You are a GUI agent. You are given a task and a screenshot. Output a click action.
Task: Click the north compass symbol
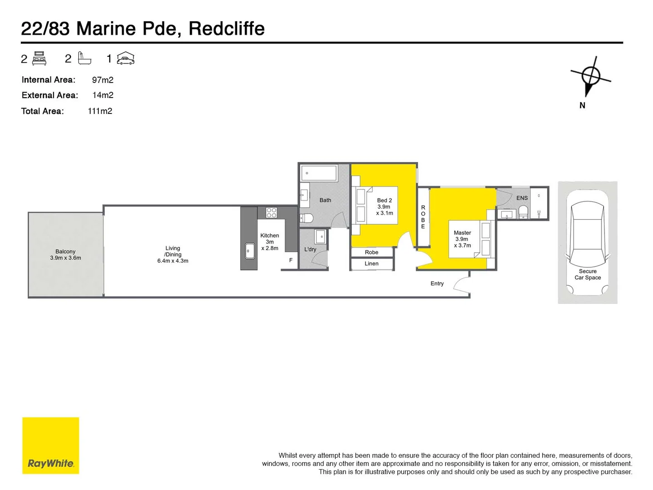pos(590,76)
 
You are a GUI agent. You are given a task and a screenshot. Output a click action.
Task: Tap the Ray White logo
pos(51,446)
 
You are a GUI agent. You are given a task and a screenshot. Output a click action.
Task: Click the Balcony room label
pos(65,255)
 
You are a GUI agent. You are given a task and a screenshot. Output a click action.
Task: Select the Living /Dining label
pos(173,255)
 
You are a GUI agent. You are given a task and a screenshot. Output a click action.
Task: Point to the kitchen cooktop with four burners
pos(271,212)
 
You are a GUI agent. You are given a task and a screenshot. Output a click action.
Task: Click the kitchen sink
pos(250,251)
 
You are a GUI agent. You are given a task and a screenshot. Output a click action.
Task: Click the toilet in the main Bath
pos(307,218)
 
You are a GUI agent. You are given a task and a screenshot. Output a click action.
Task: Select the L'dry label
pos(310,250)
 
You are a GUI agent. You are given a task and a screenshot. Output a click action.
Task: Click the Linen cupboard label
pos(371,264)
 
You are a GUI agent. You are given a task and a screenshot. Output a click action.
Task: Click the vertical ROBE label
pos(423,217)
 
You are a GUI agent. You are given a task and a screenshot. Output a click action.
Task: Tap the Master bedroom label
pos(463,239)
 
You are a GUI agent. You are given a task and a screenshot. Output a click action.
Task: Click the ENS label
pos(522,198)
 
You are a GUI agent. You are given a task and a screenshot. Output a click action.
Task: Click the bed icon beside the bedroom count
pos(39,59)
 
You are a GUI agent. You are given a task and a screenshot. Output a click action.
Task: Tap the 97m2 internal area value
pos(102,80)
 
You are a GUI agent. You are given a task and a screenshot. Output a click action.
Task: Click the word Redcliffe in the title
pos(226,29)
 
